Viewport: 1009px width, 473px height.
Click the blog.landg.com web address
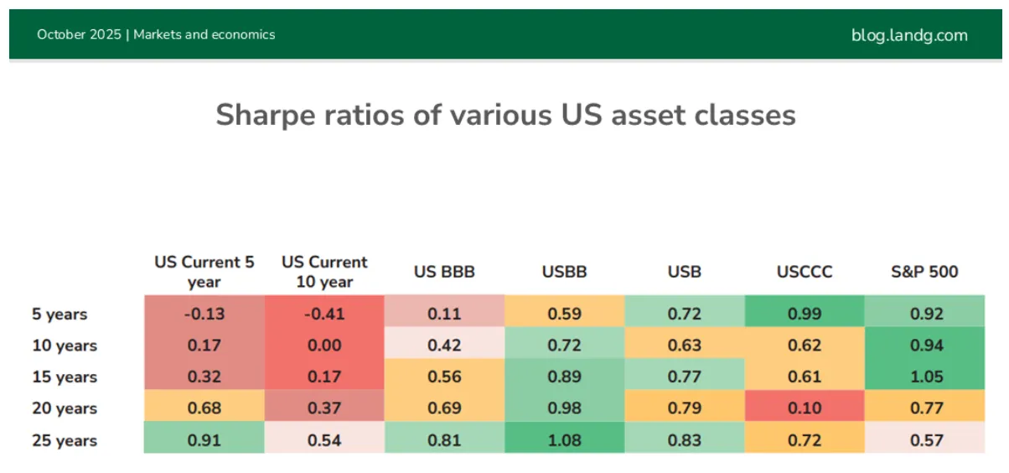pyautogui.click(x=909, y=35)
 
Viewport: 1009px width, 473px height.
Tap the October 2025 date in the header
pyautogui.click(x=79, y=34)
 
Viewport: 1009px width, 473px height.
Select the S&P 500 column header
pyautogui.click(x=924, y=272)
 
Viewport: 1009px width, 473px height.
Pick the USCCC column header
pyautogui.click(x=805, y=272)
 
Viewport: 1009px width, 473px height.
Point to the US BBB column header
pyautogui.click(x=444, y=272)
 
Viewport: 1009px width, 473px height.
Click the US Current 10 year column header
pyautogui.click(x=324, y=272)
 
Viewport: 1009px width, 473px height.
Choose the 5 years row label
pyautogui.click(x=60, y=314)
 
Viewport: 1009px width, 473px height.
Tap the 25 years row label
pyautogui.click(x=65, y=440)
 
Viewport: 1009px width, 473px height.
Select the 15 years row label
pyautogui.click(x=65, y=377)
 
